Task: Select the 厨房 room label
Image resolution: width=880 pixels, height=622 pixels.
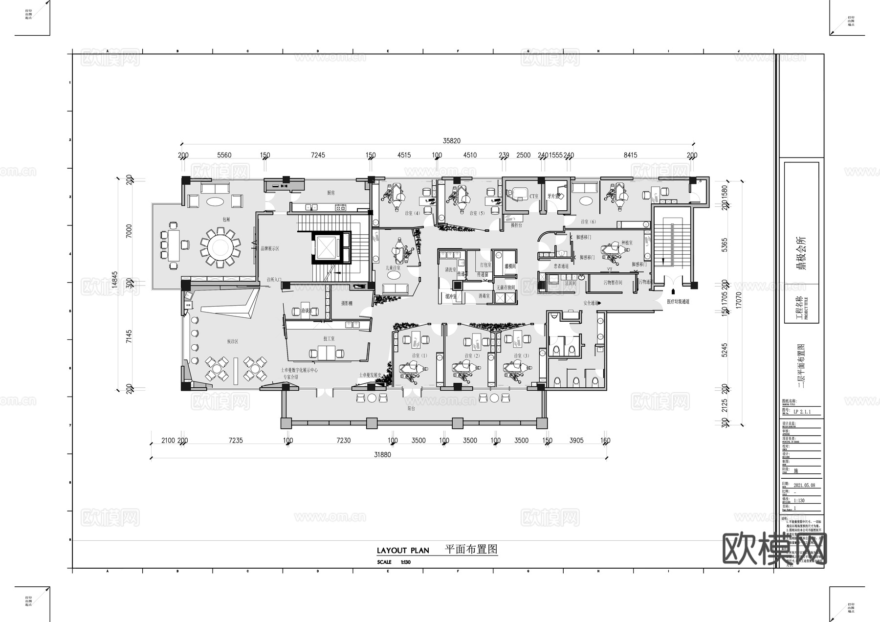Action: pyautogui.click(x=331, y=193)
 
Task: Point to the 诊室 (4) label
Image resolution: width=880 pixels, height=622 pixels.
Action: pyautogui.click(x=412, y=213)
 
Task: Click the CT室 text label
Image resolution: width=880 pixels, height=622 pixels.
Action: pyautogui.click(x=533, y=196)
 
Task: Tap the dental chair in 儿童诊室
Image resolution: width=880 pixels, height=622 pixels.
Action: pyautogui.click(x=402, y=251)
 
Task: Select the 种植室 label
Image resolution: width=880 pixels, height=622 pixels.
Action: pyautogui.click(x=627, y=243)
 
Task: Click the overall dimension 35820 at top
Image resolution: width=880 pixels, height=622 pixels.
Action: pyautogui.click(x=451, y=141)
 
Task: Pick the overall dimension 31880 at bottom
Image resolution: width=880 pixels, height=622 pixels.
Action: pyautogui.click(x=382, y=454)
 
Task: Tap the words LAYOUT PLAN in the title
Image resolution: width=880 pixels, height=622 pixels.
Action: pyautogui.click(x=403, y=551)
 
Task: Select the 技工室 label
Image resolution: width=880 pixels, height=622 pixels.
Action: pyautogui.click(x=329, y=338)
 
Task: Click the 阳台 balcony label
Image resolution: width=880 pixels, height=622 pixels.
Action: pyautogui.click(x=411, y=408)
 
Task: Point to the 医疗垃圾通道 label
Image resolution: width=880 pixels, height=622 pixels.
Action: pyautogui.click(x=678, y=302)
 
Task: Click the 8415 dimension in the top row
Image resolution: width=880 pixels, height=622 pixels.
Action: pyautogui.click(x=630, y=155)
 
